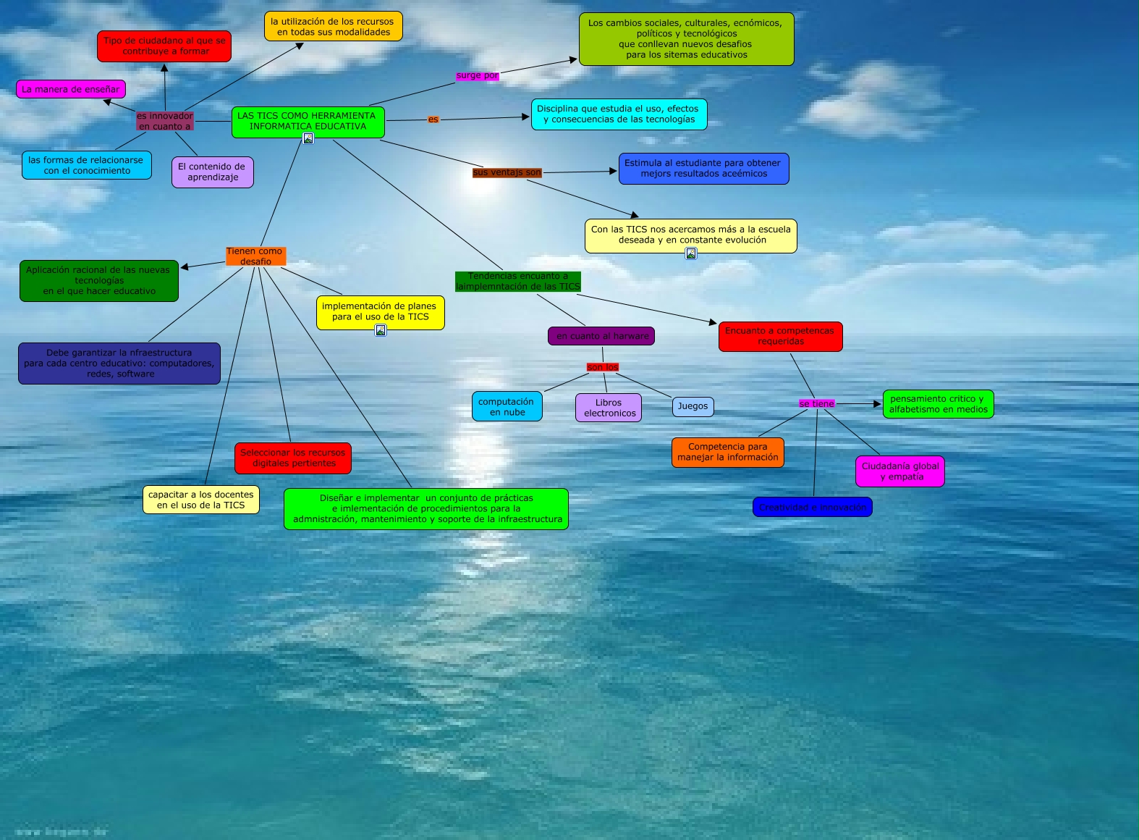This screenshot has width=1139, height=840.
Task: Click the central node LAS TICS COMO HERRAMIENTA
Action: pyautogui.click(x=308, y=121)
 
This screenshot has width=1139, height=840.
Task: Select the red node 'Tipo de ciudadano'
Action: pyautogui.click(x=164, y=46)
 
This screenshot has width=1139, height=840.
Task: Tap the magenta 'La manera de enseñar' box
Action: pyautogui.click(x=71, y=89)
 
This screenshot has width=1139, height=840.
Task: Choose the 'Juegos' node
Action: pyautogui.click(x=693, y=406)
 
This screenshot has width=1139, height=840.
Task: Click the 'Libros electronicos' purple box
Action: pyautogui.click(x=609, y=408)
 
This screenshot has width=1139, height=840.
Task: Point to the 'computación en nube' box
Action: pyautogui.click(x=507, y=407)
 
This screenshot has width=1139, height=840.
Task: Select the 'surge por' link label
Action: pyautogui.click(x=477, y=75)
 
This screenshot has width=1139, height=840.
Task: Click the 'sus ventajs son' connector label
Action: pyautogui.click(x=507, y=172)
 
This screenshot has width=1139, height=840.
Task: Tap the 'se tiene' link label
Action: pyautogui.click(x=816, y=404)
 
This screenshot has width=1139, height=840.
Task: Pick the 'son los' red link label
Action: pyautogui.click(x=602, y=367)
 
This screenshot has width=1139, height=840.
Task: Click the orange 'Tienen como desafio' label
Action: pyautogui.click(x=255, y=256)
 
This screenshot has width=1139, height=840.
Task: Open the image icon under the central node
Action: pyautogui.click(x=308, y=138)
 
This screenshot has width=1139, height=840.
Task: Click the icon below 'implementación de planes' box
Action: pyautogui.click(x=381, y=330)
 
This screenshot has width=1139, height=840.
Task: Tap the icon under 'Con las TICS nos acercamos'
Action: pyautogui.click(x=691, y=253)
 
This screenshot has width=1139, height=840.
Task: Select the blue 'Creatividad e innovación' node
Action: pyautogui.click(x=812, y=508)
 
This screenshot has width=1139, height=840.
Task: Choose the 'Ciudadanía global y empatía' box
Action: pyautogui.click(x=900, y=471)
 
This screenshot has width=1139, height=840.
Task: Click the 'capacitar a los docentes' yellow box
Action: pyautogui.click(x=201, y=500)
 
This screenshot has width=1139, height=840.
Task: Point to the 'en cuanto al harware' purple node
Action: pyautogui.click(x=601, y=336)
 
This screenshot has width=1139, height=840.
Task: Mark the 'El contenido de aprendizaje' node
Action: pyautogui.click(x=212, y=172)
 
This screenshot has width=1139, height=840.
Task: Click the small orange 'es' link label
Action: pyautogui.click(x=433, y=119)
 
